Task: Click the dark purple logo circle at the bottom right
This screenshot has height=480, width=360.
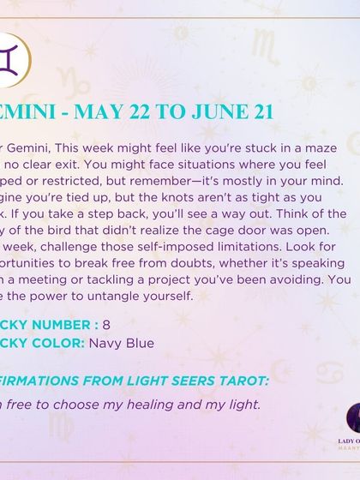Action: coord(351,420)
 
